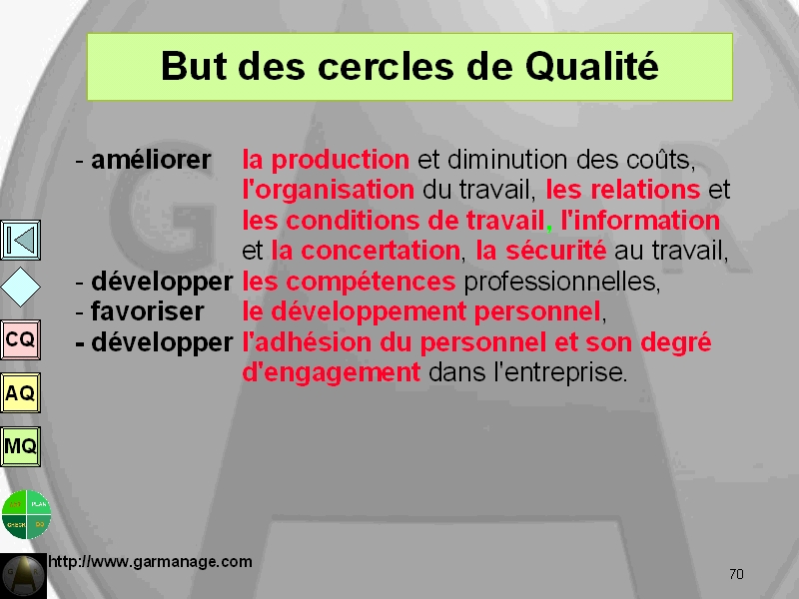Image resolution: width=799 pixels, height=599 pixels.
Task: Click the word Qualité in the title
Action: coord(592,67)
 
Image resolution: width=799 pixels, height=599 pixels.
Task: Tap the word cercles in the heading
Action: coord(386,67)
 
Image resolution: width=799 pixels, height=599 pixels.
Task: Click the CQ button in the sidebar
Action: coord(20,339)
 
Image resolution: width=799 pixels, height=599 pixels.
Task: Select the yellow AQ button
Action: coord(20,392)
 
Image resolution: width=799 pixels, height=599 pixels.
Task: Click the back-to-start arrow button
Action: coord(20,240)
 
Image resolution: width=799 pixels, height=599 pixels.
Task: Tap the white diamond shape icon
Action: coord(20,287)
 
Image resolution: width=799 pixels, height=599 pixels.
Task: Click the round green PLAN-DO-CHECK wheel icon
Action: coord(26,514)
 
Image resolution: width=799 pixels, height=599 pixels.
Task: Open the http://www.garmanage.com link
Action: coord(151,562)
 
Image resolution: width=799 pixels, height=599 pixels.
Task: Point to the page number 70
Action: coord(736,575)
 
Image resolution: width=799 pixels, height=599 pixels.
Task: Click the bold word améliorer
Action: coord(151,160)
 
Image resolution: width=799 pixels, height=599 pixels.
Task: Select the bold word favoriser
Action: coord(147,311)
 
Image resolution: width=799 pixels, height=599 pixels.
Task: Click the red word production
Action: coord(340,161)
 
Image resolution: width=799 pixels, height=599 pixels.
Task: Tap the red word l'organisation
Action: coord(329,191)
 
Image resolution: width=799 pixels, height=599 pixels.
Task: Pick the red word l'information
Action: coord(640,221)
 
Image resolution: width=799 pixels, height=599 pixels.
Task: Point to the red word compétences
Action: coord(371,282)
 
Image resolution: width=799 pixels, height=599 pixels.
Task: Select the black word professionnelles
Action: coord(562,282)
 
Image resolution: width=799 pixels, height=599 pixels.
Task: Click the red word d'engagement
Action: coord(332,373)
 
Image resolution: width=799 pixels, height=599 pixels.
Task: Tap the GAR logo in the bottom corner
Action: coord(23,576)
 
